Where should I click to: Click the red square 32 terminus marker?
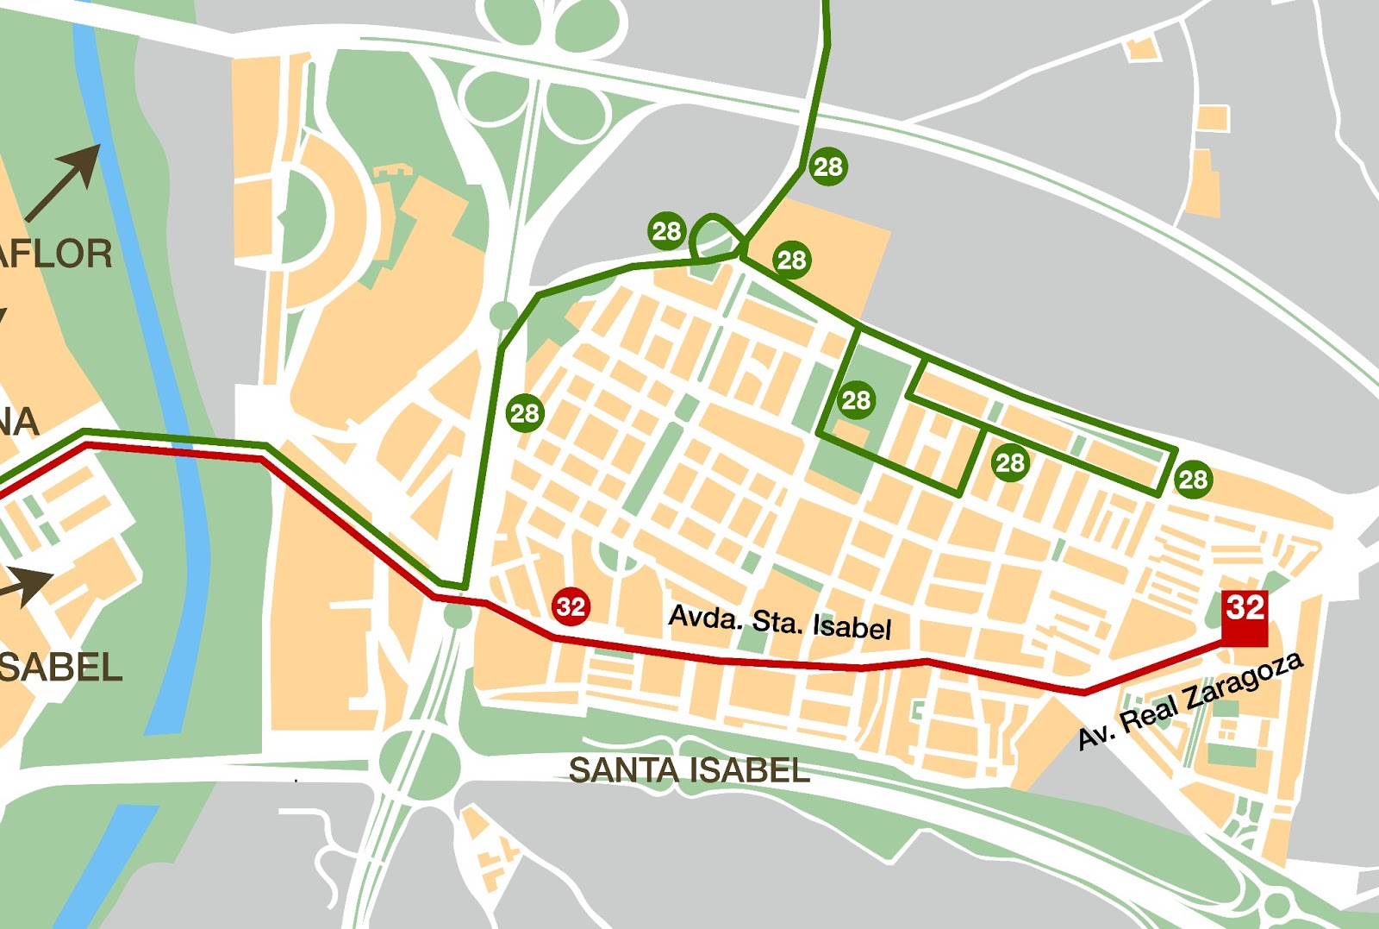(x=1245, y=618)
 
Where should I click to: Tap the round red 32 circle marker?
(x=571, y=606)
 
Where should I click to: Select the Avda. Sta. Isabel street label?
(x=779, y=621)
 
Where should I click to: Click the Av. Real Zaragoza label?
(x=1190, y=700)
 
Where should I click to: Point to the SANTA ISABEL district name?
(x=689, y=770)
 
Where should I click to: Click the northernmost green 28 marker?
(x=827, y=166)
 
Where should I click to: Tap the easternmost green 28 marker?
(x=1193, y=479)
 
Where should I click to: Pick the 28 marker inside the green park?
(x=856, y=399)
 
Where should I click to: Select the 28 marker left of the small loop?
(x=666, y=230)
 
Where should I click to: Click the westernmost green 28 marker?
(x=524, y=413)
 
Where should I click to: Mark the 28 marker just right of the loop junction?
(x=791, y=260)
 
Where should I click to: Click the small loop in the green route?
(x=714, y=235)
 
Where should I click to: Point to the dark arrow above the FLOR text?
(x=65, y=181)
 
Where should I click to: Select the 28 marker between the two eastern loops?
(x=1009, y=463)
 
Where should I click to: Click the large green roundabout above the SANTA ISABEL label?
(x=420, y=763)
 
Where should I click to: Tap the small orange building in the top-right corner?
(x=1142, y=48)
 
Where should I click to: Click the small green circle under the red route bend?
(x=458, y=615)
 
